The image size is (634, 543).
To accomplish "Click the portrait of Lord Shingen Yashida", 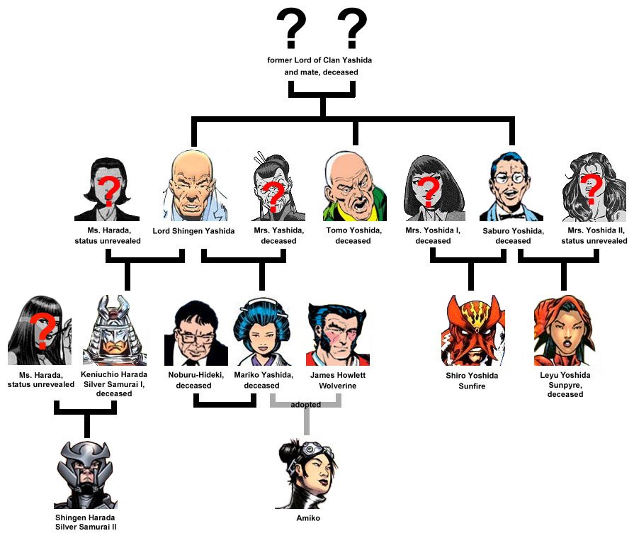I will click(x=191, y=186).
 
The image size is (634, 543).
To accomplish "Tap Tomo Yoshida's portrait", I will click(x=354, y=186).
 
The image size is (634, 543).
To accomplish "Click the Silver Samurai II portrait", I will click(x=86, y=472).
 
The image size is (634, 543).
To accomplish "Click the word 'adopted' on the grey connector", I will click(x=305, y=404).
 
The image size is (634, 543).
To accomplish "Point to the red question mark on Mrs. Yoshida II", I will click(x=594, y=187).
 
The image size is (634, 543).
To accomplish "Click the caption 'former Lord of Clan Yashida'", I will click(x=319, y=61).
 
